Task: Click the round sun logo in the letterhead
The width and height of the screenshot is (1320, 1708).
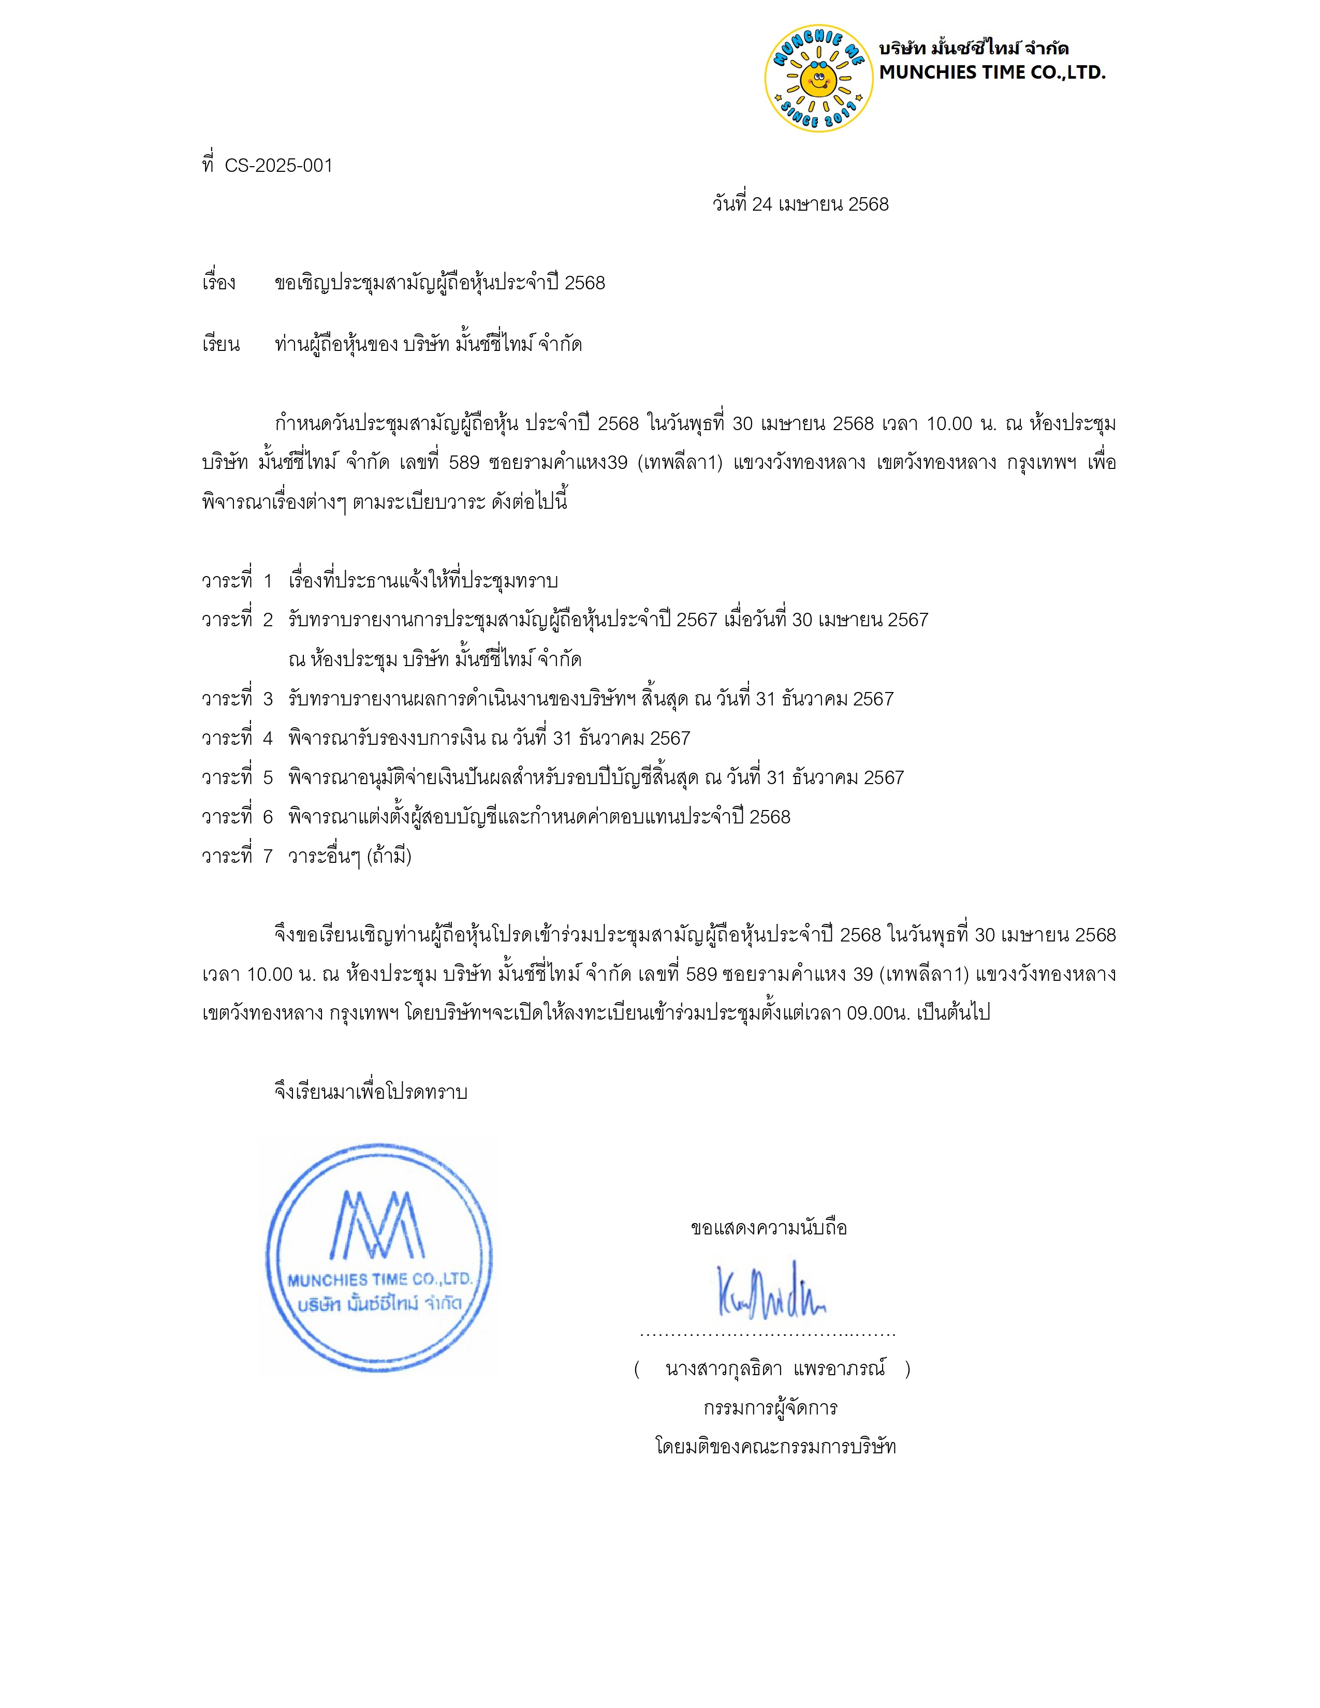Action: (x=818, y=78)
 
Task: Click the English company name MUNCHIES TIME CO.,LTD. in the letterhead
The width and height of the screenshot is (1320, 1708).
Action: (x=992, y=73)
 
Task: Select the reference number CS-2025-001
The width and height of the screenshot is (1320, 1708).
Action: (x=278, y=166)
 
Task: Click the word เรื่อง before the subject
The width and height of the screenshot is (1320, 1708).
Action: (x=219, y=282)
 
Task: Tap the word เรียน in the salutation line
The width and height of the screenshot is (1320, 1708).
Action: (x=221, y=345)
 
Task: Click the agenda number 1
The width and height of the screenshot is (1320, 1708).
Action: (x=268, y=581)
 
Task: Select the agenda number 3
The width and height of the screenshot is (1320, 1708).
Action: (x=268, y=698)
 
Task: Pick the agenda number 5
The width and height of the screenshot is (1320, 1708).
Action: (x=268, y=777)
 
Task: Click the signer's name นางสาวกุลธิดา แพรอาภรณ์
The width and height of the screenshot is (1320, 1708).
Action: (x=774, y=1368)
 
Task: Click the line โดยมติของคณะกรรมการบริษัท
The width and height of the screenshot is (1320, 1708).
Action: (x=775, y=1446)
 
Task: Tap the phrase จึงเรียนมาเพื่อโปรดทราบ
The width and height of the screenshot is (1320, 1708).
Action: (x=371, y=1092)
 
